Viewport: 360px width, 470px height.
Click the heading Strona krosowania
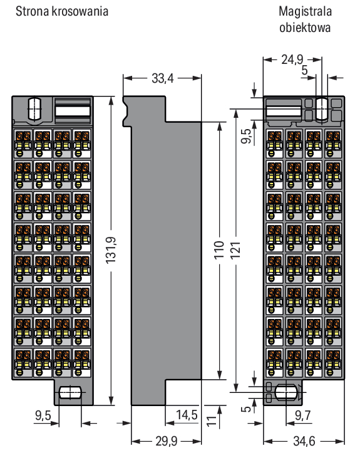click(62, 11)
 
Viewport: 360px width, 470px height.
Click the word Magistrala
click(305, 12)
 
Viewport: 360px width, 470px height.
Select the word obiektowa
click(305, 28)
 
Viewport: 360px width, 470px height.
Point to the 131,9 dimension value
click(111, 250)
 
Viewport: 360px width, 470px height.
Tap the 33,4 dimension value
click(162, 78)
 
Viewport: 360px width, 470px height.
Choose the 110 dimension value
click(219, 249)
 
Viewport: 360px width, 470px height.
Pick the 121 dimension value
click(235, 249)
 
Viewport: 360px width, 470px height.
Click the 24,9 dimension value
click(292, 60)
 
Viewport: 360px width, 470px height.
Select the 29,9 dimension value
click(166, 441)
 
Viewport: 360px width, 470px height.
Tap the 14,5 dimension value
click(187, 415)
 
